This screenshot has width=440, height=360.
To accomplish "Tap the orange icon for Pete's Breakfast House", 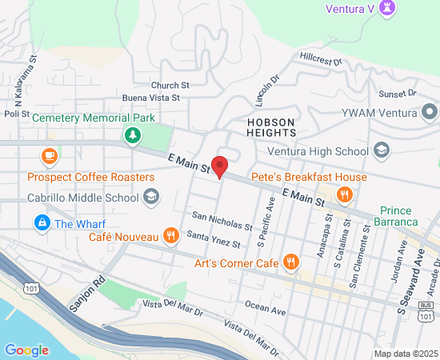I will (x=345, y=194).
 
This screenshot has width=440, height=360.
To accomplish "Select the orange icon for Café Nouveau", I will (x=170, y=236).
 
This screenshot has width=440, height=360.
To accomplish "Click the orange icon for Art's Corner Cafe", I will (x=291, y=262).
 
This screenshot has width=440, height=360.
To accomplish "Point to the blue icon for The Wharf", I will (x=41, y=222).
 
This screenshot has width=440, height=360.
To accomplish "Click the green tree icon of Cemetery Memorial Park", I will (x=131, y=135).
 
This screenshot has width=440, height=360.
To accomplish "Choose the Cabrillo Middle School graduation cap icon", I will (x=150, y=197).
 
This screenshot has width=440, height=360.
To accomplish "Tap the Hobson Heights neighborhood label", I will (x=271, y=127).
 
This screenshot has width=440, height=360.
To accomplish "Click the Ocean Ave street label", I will (x=265, y=306).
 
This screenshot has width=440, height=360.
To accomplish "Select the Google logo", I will (x=26, y=350).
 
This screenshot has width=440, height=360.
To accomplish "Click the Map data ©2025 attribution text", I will (x=406, y=354).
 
